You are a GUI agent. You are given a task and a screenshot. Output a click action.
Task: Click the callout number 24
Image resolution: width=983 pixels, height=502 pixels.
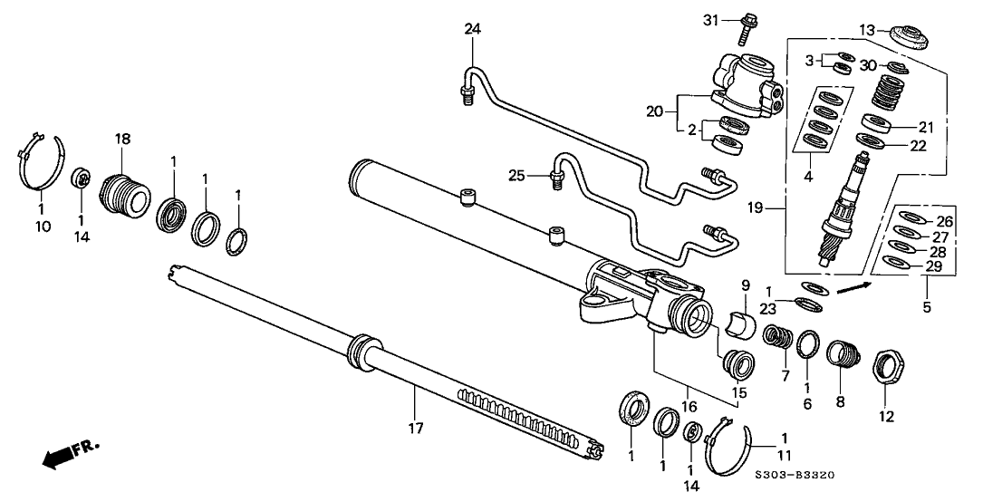click(x=471, y=29)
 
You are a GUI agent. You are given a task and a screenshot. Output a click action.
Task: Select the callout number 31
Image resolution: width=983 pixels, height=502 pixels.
click(x=713, y=20)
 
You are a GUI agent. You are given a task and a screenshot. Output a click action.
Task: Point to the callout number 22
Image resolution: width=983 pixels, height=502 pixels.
click(x=920, y=147)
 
